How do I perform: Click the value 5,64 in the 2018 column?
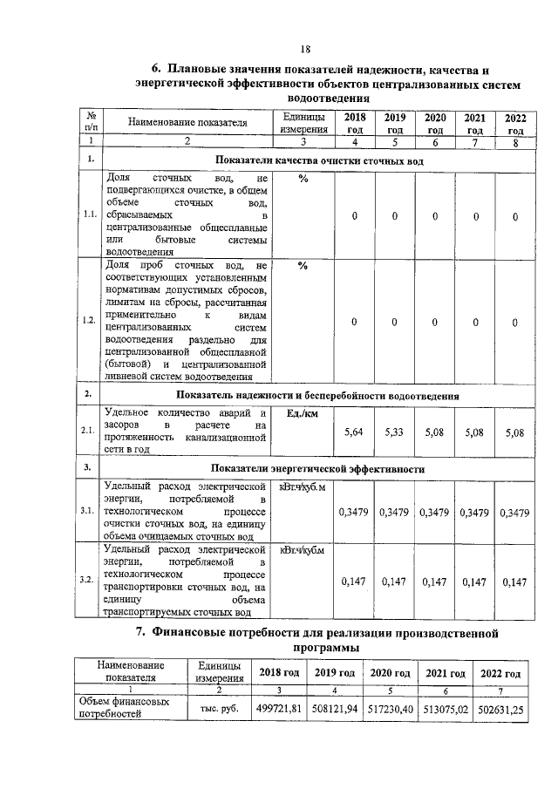tap(354, 432)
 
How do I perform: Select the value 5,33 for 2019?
tap(394, 432)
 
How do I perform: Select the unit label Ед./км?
tap(298, 413)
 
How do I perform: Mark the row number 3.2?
tap(89, 580)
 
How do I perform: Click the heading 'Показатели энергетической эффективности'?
tap(323, 468)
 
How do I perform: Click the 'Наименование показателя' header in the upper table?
tap(188, 123)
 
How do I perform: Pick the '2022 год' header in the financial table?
tap(500, 673)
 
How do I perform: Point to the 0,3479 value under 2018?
tap(354, 512)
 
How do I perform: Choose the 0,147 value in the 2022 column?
tap(515, 581)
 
